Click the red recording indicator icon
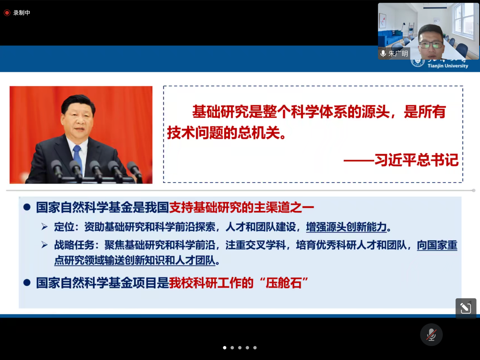tap(7, 13)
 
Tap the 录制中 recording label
tap(22, 13)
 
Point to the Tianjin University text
tap(448, 66)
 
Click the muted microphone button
tap(431, 335)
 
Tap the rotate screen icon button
tap(466, 308)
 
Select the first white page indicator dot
tap(224, 348)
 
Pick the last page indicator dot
tap(255, 348)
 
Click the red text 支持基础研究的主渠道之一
tap(242, 207)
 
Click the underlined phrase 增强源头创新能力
tap(346, 227)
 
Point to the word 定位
tap(63, 227)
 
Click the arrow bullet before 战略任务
tap(45, 245)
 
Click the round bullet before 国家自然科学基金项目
tap(26, 282)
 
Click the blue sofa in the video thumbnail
tap(390, 38)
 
